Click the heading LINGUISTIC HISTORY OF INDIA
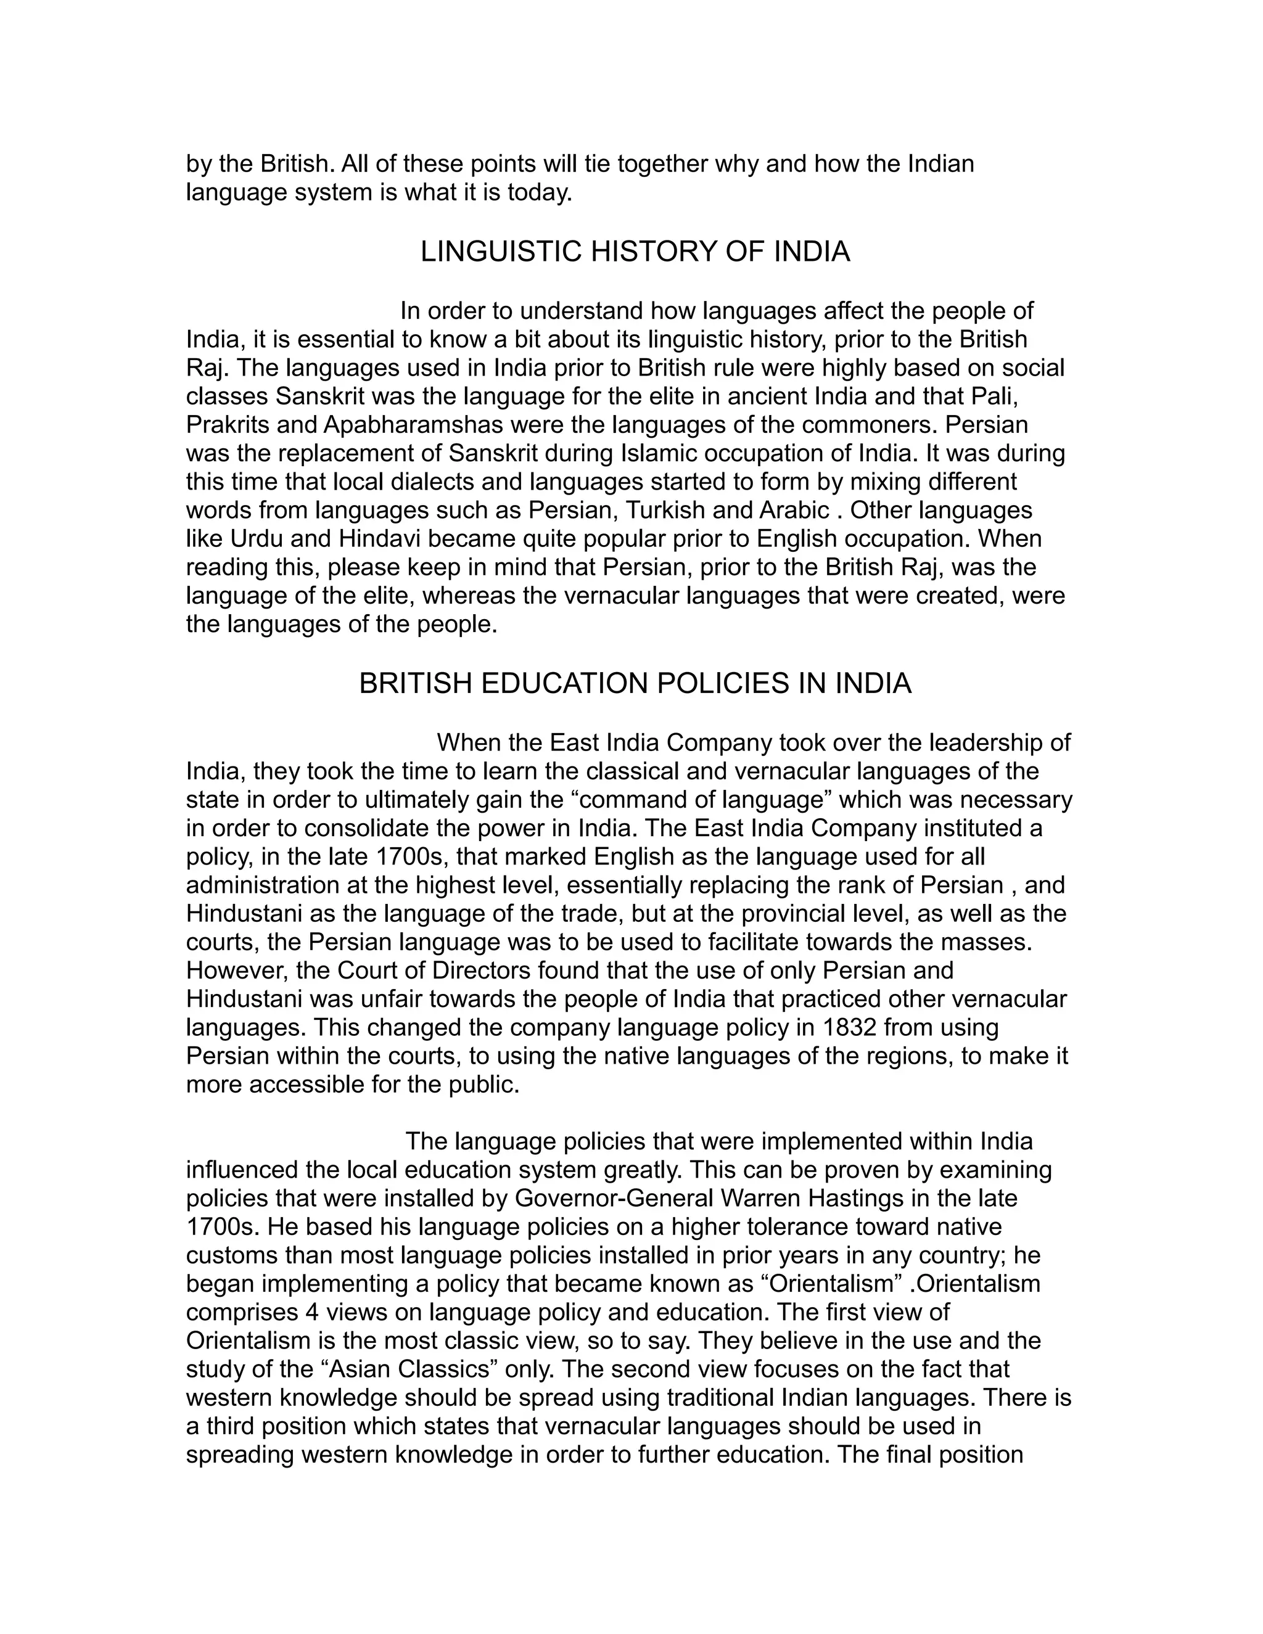(x=635, y=252)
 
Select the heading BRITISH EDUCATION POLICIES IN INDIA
(x=635, y=684)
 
